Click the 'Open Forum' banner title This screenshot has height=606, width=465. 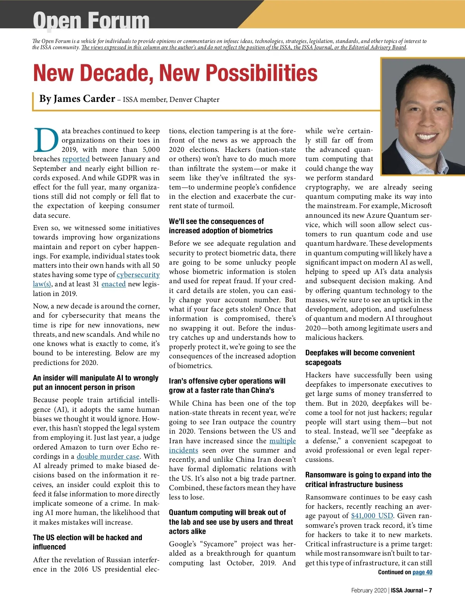91,20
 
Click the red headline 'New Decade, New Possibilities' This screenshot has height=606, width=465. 175,73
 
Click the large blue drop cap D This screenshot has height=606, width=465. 46,140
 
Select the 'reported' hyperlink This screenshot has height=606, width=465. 76,159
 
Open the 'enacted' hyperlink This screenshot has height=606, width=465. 114,284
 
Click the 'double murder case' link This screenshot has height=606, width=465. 108,456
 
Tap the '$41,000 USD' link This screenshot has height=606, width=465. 372,516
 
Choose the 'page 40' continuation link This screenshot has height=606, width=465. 422,572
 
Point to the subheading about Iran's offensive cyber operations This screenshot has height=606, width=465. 227,386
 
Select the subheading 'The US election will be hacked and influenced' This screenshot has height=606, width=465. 88,542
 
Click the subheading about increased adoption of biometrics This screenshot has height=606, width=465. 221,226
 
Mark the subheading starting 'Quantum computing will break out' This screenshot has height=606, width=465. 231,522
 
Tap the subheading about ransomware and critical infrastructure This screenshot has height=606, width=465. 368,480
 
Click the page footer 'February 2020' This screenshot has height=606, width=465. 369,591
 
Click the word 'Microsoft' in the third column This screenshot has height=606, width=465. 416,206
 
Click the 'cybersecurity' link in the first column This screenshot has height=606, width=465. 138,275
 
